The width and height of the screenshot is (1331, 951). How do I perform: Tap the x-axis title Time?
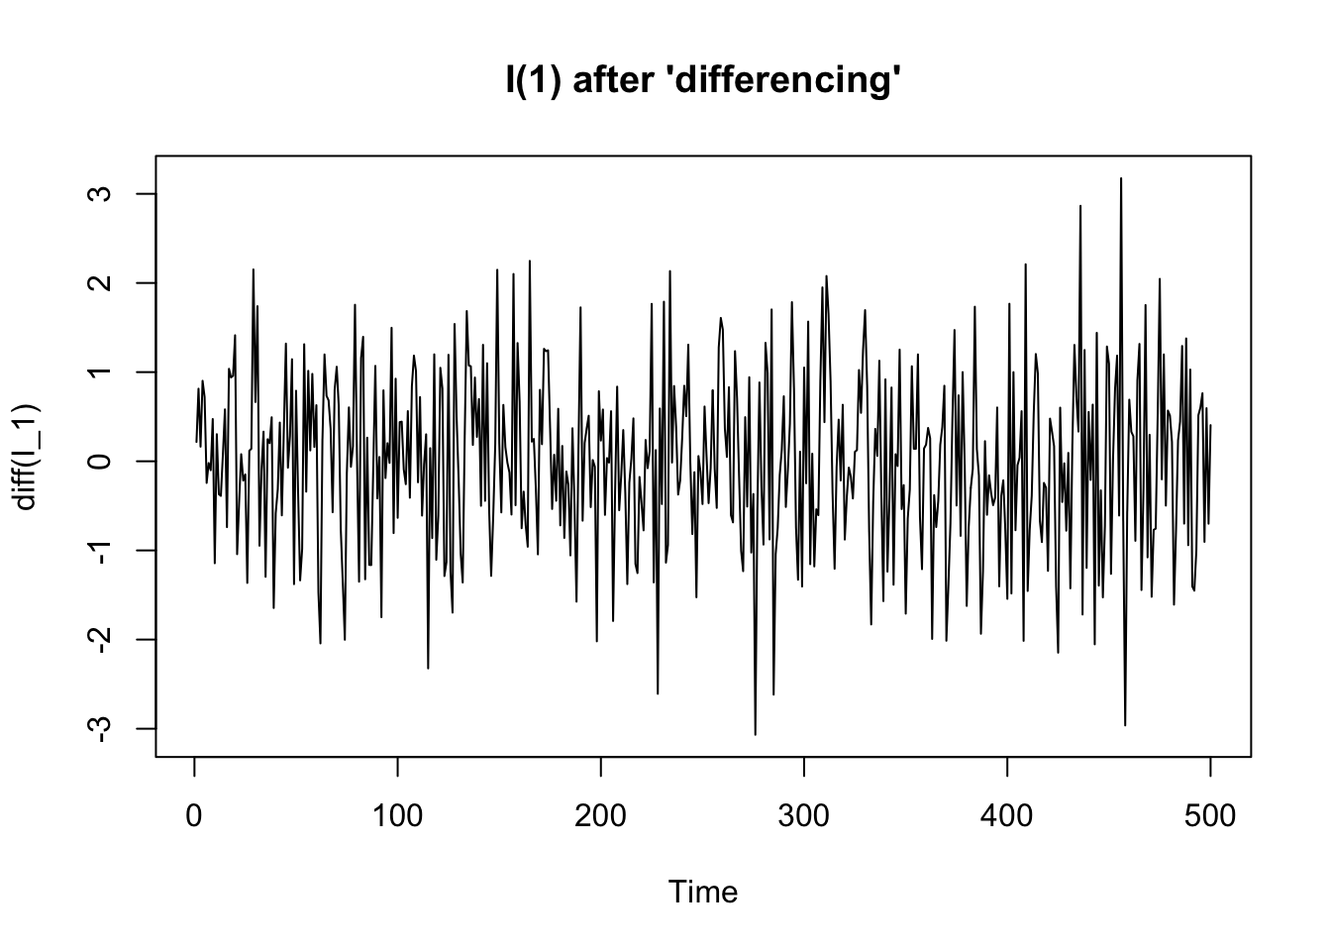703,893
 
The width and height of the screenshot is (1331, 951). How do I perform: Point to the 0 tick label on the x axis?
194,816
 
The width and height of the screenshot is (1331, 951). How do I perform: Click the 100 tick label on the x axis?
397,816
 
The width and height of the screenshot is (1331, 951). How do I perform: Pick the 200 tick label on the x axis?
600,816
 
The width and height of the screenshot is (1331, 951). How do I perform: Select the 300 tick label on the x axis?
804,816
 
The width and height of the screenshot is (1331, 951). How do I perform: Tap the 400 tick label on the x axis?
1007,816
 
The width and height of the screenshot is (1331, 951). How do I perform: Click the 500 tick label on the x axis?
1210,816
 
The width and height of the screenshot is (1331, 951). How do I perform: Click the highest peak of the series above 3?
1121,179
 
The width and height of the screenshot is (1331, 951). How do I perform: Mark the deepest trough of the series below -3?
755,734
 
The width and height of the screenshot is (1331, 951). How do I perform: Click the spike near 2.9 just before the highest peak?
1080,206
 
